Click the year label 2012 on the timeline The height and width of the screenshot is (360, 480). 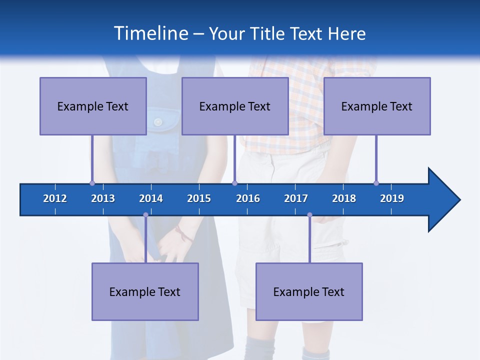55,198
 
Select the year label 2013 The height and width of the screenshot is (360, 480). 103,198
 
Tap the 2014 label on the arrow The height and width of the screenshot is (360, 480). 151,198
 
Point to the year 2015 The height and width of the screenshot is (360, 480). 199,198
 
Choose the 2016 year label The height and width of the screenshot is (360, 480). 248,198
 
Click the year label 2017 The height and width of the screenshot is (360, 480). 296,198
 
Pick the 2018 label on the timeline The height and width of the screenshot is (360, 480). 344,198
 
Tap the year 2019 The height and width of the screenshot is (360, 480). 392,198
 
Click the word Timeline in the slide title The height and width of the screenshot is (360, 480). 150,33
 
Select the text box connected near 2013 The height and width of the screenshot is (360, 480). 93,106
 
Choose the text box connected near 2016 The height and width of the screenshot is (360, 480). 235,106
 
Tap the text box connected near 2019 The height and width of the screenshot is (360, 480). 377,106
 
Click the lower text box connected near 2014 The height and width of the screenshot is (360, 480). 145,291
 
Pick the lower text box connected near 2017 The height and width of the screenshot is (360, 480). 309,291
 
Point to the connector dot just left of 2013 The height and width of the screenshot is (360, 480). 92,183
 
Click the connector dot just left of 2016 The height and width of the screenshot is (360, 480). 234,183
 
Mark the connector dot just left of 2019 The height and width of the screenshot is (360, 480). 376,183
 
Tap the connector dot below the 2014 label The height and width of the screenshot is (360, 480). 145,215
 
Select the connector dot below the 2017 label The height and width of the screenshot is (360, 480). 309,215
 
